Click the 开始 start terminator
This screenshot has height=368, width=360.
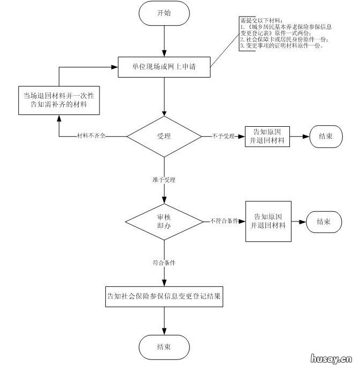click(x=164, y=13)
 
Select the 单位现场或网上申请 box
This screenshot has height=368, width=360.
click(x=164, y=67)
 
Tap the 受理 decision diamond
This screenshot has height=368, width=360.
click(x=164, y=136)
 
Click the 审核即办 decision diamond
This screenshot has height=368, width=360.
click(x=164, y=221)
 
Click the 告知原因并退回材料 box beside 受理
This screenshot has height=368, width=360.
click(x=267, y=136)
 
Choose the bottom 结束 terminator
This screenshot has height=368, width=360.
click(x=164, y=347)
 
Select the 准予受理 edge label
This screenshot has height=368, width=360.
click(x=164, y=180)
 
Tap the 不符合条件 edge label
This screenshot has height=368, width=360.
click(x=224, y=221)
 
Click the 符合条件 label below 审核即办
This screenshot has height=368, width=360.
click(x=164, y=263)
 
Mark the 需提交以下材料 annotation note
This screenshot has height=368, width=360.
click(x=284, y=34)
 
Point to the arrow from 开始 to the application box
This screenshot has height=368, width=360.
click(x=164, y=41)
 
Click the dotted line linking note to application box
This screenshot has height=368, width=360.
click(x=225, y=56)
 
